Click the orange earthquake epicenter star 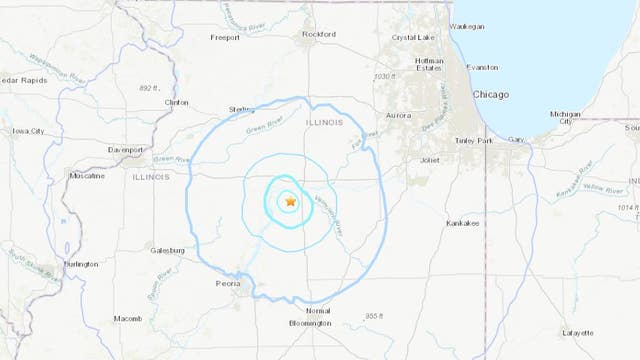tap(290, 201)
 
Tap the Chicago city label tap(490, 94)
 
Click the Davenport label tap(127, 151)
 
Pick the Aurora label tap(398, 116)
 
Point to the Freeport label tap(226, 37)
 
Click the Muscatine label tap(88, 176)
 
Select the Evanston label tap(481, 67)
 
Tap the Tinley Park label tap(475, 140)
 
